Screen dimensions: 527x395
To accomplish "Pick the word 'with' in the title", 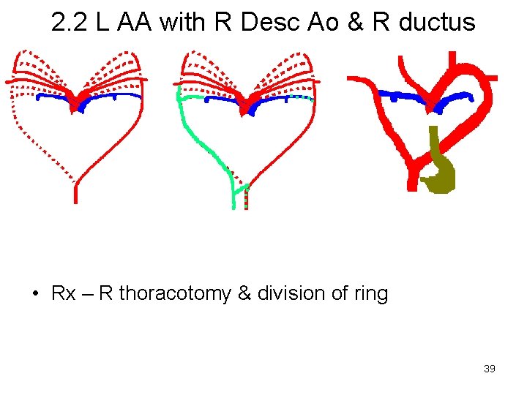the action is tap(183, 23).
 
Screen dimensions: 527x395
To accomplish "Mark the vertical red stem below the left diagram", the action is tap(75, 192).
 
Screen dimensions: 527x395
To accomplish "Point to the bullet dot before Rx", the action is tap(35, 295).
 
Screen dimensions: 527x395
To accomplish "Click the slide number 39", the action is tap(490, 369).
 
